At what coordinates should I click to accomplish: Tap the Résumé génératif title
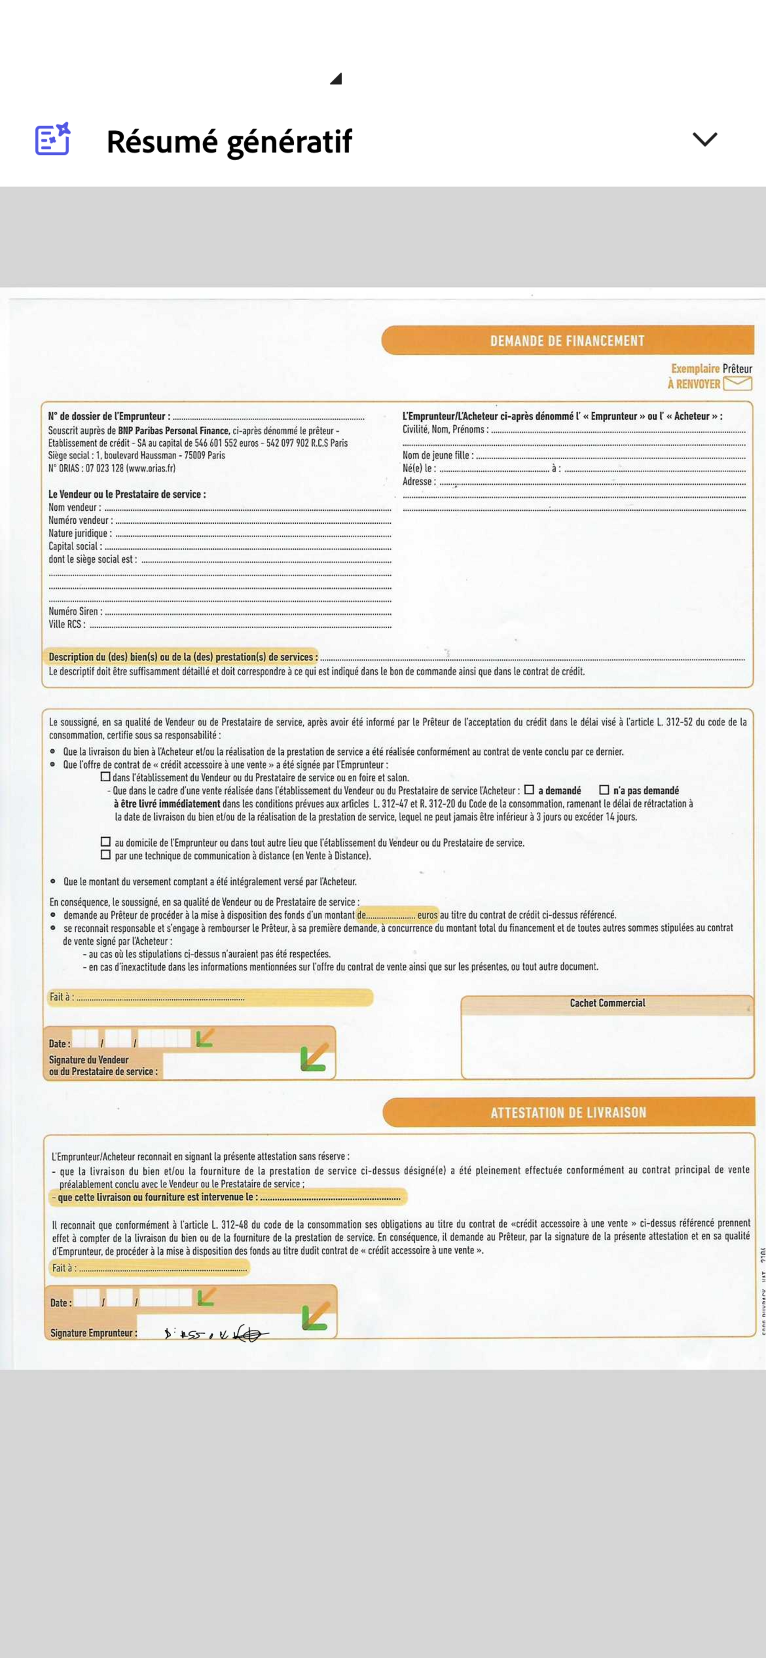(229, 141)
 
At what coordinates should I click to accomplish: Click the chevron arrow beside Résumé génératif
(704, 139)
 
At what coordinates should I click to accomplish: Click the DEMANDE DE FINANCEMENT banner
(567, 341)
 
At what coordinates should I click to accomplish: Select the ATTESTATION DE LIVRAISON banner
(568, 1112)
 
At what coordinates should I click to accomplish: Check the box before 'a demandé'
(529, 790)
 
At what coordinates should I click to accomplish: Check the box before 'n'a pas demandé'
(604, 790)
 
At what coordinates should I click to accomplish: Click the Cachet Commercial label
(607, 1003)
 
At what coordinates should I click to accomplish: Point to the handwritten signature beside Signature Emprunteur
(216, 1334)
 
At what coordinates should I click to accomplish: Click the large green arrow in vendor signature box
(314, 1057)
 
